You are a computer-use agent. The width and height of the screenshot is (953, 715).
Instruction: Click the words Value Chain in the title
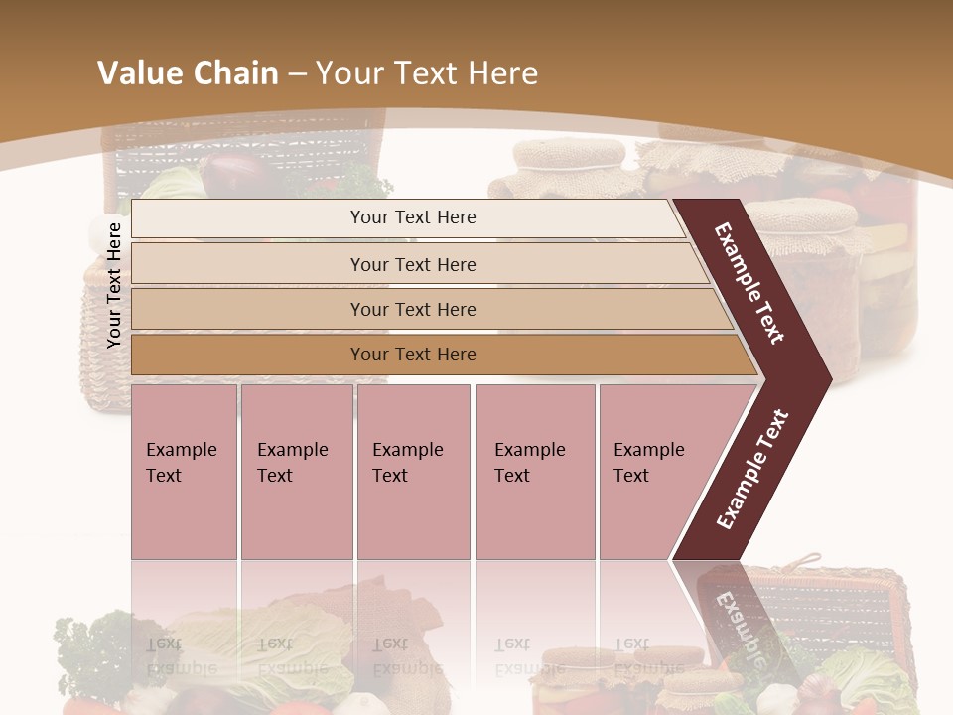188,73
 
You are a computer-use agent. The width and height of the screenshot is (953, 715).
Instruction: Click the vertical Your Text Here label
114,285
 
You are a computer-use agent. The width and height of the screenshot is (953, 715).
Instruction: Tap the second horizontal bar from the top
413,264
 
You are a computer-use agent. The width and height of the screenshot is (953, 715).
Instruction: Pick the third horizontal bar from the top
413,309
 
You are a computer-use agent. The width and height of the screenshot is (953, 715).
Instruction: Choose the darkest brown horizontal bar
413,355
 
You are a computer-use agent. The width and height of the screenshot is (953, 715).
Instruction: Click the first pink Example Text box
184,472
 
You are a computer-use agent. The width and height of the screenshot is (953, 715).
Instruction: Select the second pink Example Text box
296,472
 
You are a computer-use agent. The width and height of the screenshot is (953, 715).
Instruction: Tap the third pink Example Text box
413,472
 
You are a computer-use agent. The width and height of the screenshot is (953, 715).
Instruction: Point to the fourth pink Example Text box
535,472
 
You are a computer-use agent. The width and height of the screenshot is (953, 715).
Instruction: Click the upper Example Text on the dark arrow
749,283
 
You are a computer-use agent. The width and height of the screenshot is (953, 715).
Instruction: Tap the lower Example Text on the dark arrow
752,469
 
